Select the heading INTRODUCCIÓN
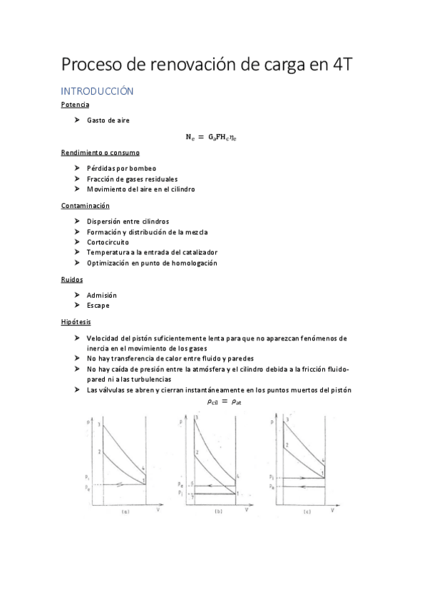click(97, 91)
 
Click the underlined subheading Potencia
click(75, 105)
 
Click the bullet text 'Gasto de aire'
click(108, 120)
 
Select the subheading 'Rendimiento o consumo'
click(100, 152)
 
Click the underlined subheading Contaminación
click(85, 205)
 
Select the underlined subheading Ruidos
click(72, 279)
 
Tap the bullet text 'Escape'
click(98, 306)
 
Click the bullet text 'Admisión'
click(102, 295)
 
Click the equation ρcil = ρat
click(224, 401)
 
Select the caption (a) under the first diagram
click(125, 511)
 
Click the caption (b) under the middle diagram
click(217, 511)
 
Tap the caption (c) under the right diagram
click(307, 511)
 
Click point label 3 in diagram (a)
click(101, 425)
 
